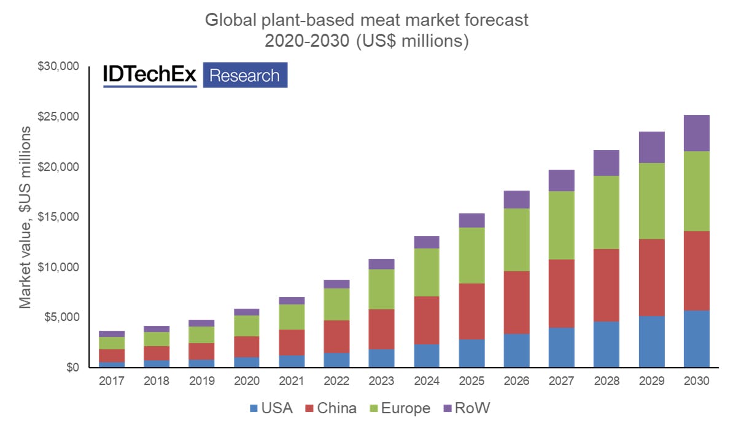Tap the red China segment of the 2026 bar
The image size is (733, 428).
coord(516,302)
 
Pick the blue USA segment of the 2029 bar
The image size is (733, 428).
coord(651,341)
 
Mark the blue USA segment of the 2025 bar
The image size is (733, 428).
coord(471,353)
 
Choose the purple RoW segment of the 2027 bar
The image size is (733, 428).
coord(561,180)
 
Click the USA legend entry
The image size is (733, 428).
coord(271,408)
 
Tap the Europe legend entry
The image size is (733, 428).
coord(399,408)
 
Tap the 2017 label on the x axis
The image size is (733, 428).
coord(111,381)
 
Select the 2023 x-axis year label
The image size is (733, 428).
coord(381,381)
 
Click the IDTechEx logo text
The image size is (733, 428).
coord(150,75)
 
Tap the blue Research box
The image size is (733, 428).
coord(245,75)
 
